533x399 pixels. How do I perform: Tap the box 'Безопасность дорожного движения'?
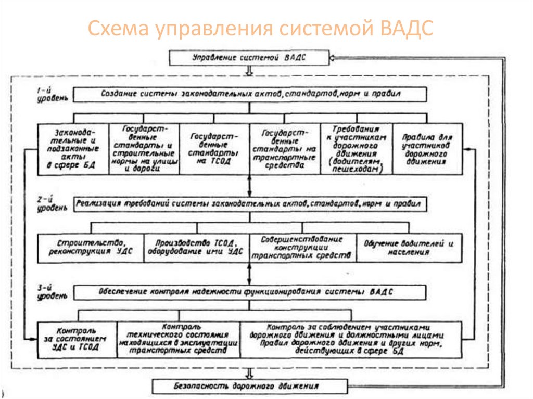click(x=250, y=387)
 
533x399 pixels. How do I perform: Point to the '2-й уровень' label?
click(x=50, y=203)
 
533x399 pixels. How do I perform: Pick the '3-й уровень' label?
click(x=50, y=293)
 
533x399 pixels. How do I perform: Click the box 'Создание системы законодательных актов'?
click(x=250, y=95)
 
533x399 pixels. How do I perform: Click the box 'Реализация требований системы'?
click(x=250, y=203)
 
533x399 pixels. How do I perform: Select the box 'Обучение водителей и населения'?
click(x=409, y=248)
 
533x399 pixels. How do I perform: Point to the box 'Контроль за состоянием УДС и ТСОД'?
click(x=77, y=340)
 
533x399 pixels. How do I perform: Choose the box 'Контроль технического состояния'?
click(x=178, y=340)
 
